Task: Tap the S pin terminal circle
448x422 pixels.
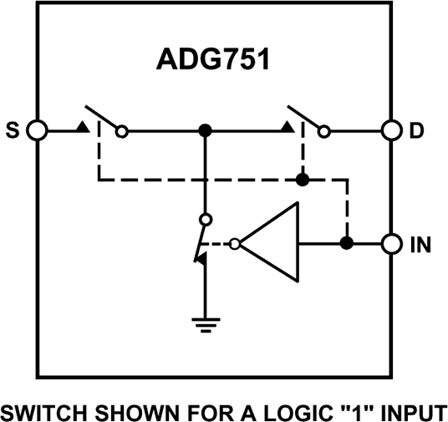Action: (38, 130)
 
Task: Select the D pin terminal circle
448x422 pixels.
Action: (391, 130)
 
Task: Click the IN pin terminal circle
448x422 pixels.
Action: (391, 244)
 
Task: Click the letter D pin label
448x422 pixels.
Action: (415, 131)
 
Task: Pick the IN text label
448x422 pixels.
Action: (421, 245)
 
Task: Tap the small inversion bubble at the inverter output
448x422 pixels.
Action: (237, 244)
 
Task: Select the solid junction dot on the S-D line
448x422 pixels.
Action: (204, 130)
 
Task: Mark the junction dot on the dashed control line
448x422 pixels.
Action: (303, 179)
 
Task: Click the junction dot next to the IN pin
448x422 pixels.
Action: (345, 244)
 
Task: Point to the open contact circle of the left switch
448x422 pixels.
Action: (123, 130)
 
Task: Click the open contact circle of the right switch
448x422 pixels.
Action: (324, 130)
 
